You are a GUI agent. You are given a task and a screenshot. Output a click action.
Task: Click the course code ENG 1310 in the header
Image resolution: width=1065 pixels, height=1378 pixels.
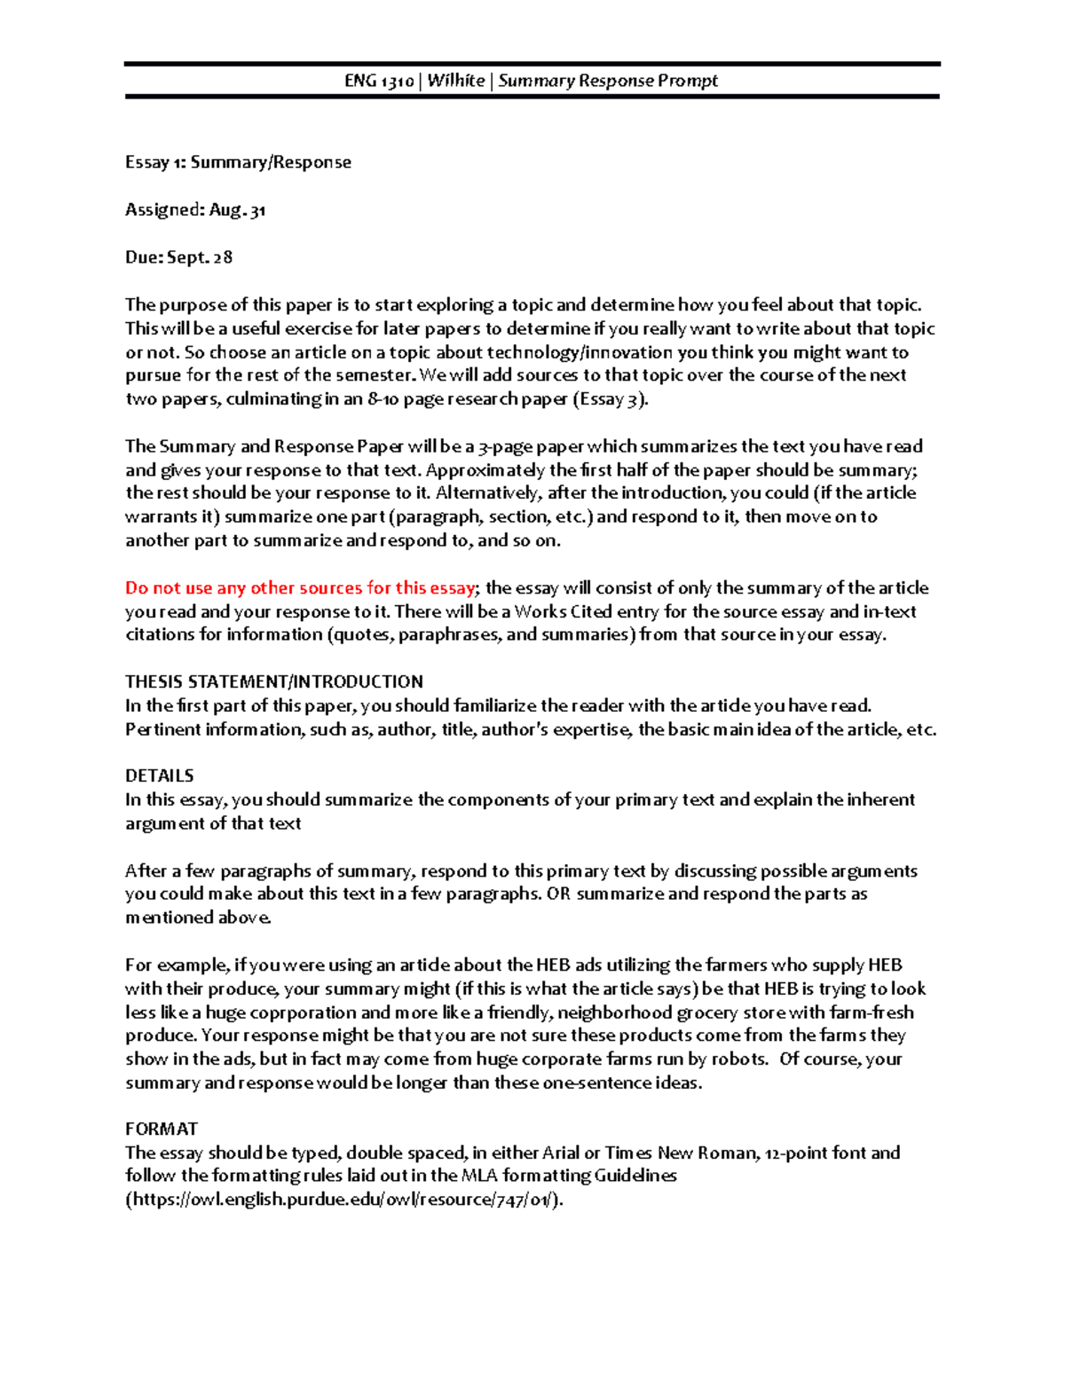coord(379,81)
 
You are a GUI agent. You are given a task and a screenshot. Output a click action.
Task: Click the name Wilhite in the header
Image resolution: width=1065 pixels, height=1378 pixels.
coord(456,81)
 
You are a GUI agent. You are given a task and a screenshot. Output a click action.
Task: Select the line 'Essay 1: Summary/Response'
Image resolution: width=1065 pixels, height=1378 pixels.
coord(238,162)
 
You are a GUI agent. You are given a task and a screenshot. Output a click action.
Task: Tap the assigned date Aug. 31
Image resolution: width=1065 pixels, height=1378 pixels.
coord(237,210)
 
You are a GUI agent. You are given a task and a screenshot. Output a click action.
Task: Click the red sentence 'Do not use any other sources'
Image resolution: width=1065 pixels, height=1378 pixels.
coord(300,587)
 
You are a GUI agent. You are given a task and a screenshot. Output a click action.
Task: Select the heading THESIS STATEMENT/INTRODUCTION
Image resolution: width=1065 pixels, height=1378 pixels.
coord(273,681)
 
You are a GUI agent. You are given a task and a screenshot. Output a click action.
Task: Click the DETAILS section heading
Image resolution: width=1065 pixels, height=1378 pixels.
coord(159,776)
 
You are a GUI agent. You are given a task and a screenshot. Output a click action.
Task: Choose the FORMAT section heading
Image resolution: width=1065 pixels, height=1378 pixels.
coord(161,1129)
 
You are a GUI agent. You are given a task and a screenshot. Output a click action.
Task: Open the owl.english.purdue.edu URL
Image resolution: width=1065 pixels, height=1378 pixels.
coord(344,1200)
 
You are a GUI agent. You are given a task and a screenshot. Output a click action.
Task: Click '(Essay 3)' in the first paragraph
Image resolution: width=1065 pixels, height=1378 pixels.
coord(611,399)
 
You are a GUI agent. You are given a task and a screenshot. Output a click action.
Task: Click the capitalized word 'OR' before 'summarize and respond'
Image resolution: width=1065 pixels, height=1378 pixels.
coord(558,894)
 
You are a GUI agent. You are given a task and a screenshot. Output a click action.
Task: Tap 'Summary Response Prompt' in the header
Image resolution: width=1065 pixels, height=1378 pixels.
coord(608,81)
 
